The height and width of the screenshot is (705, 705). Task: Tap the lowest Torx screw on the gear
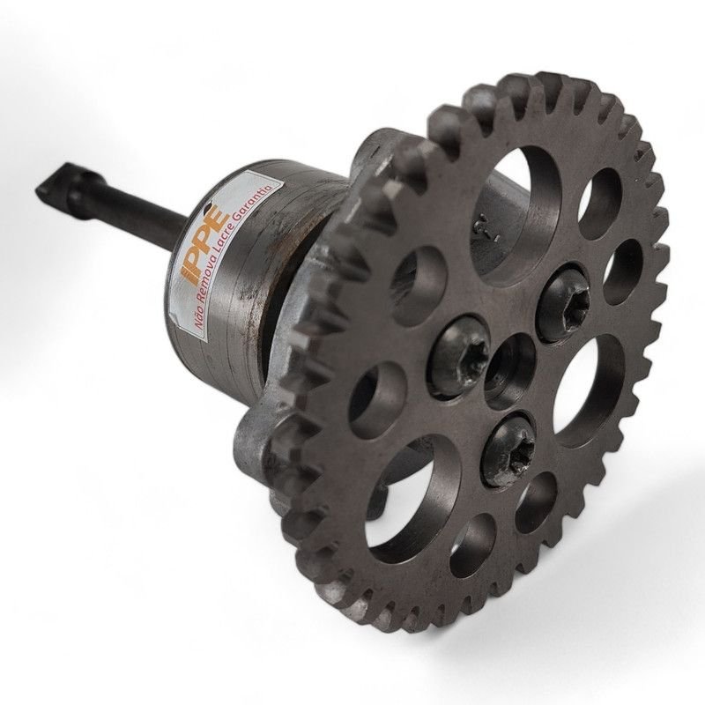point(510,449)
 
